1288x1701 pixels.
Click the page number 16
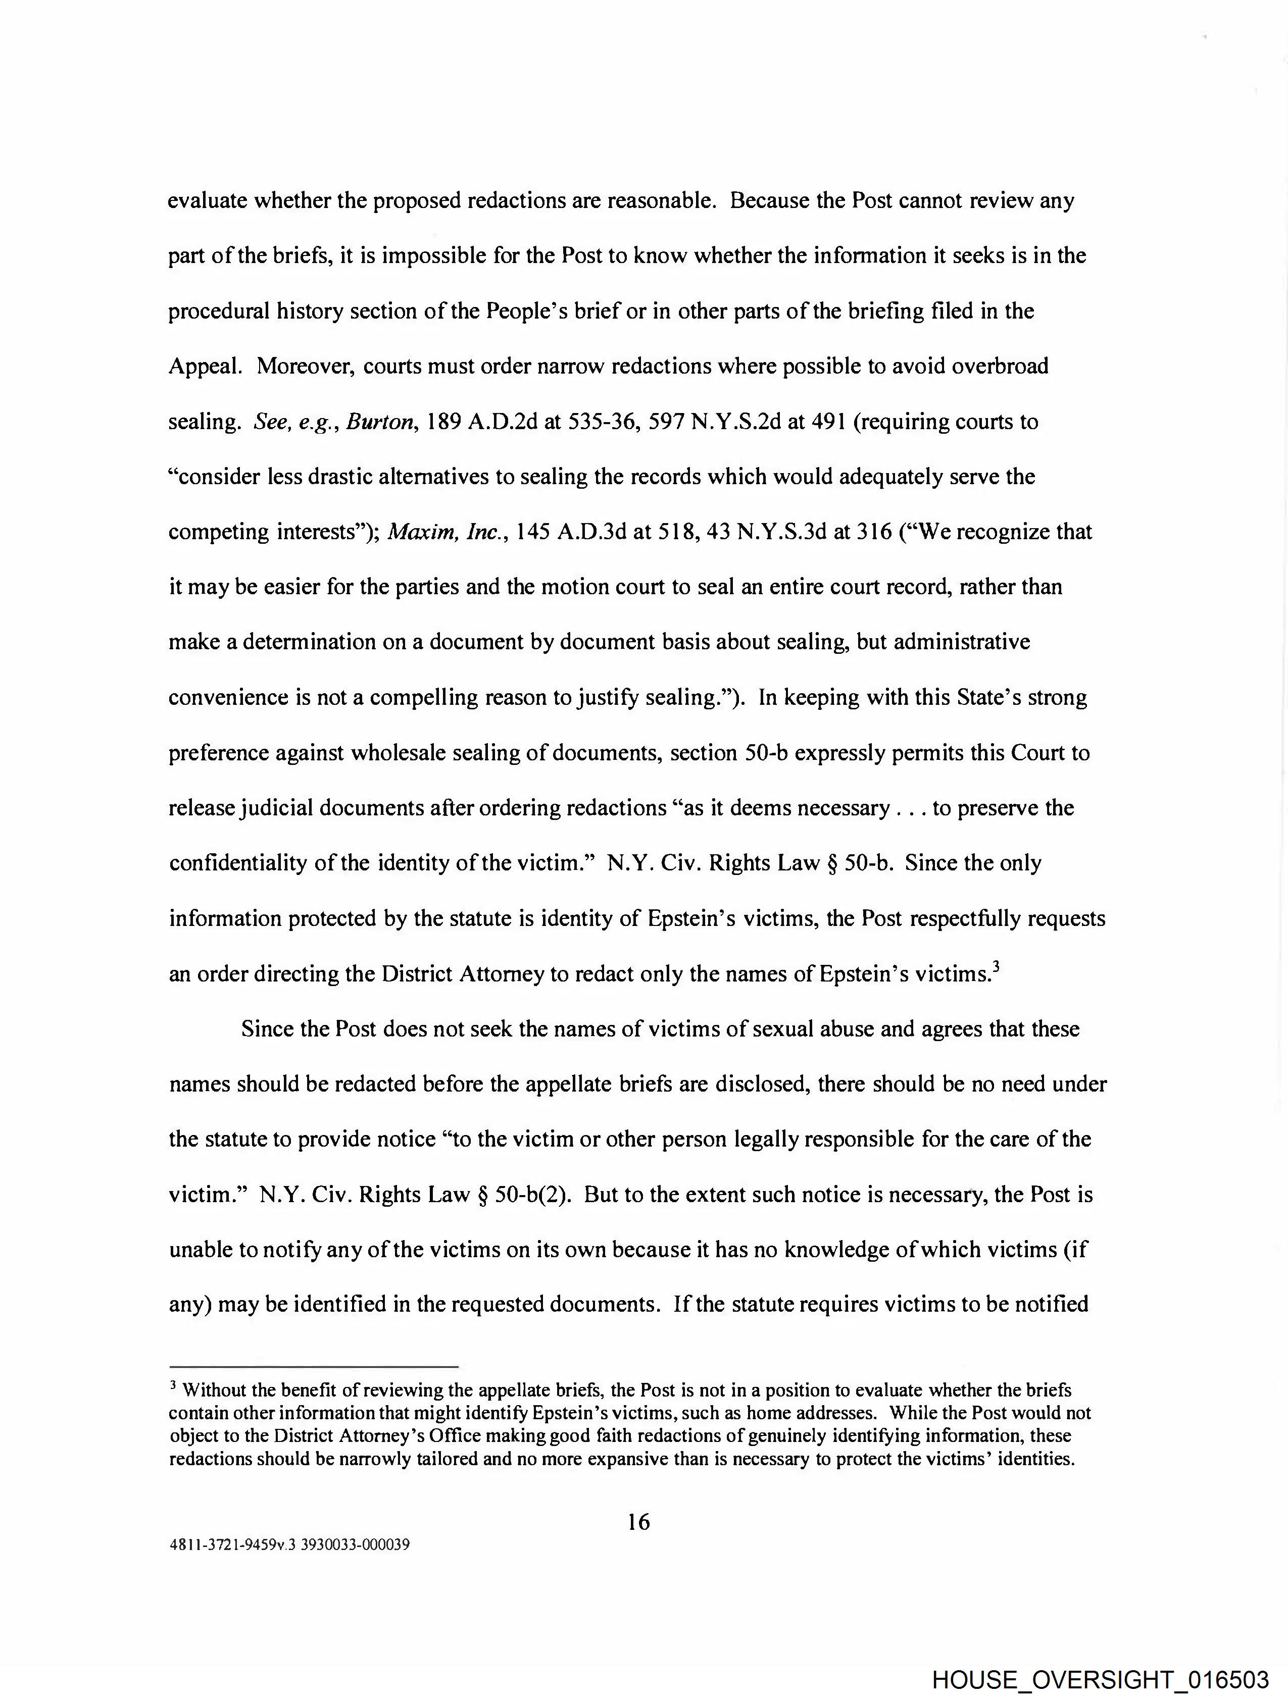click(638, 1521)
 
